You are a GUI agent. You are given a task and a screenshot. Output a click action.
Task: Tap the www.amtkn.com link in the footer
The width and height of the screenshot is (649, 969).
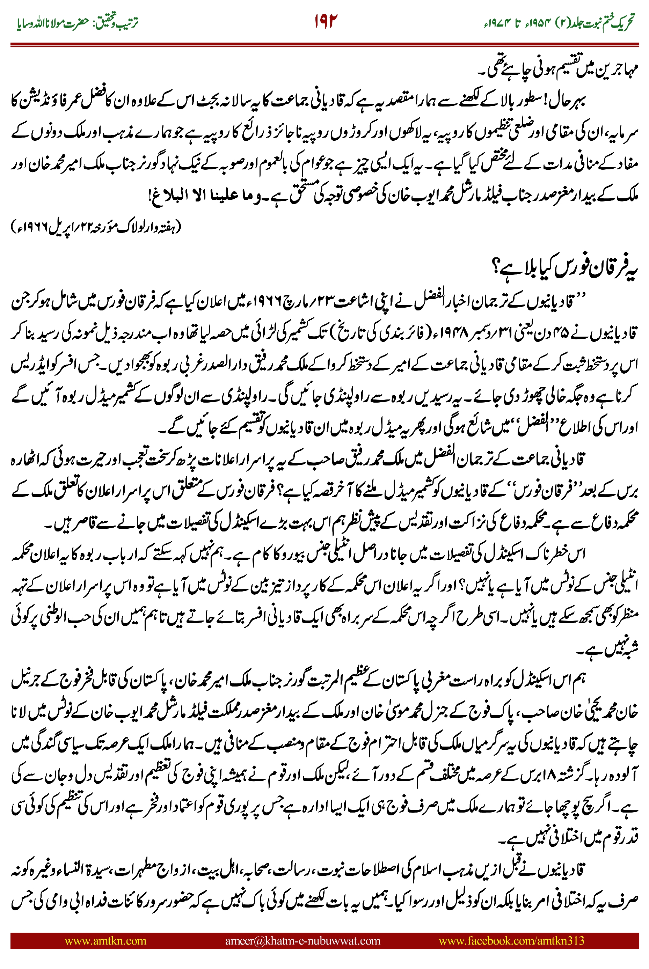(105, 941)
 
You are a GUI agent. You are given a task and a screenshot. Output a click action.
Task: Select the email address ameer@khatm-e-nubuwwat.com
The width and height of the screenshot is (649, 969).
(302, 941)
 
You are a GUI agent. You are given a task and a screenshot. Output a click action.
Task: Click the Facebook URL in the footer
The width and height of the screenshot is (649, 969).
(511, 941)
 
